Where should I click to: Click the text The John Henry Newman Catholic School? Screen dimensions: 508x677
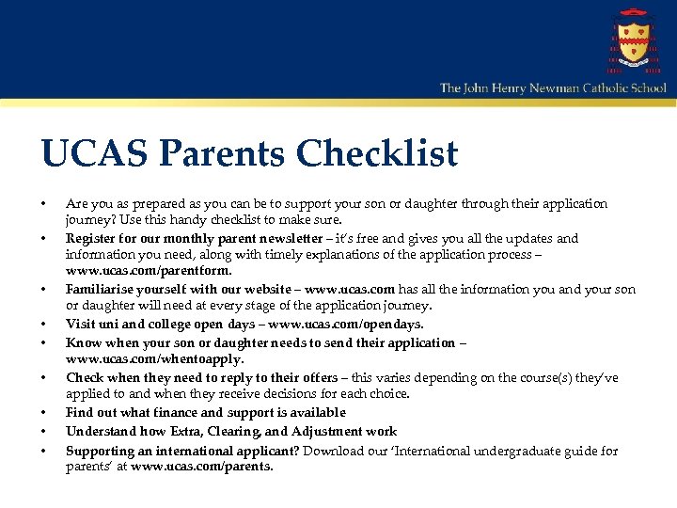tap(553, 87)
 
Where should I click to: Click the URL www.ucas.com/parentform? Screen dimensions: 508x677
tap(149, 272)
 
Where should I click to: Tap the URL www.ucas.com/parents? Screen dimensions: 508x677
tap(202, 467)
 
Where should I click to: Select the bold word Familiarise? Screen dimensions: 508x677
tap(99, 290)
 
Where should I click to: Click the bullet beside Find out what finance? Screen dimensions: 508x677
tap(43, 412)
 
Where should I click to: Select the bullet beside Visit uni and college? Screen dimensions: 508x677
tap(43, 324)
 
